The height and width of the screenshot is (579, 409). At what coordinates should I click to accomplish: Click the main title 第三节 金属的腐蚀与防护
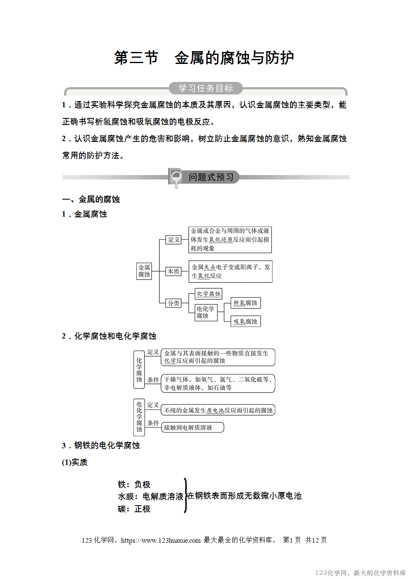tap(204, 58)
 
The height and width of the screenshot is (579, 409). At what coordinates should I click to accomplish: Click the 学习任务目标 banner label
tap(206, 88)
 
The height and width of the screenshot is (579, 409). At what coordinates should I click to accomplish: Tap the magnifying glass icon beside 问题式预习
tap(176, 177)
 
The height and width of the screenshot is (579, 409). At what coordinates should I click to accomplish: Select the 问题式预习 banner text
tap(211, 177)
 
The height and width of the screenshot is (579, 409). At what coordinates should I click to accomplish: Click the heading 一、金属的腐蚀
tap(91, 199)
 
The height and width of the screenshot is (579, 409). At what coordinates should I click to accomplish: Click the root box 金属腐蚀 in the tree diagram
tap(144, 271)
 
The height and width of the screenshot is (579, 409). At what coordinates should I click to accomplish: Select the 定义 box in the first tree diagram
tap(173, 240)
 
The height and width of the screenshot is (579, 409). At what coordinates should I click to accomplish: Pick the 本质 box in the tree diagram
tap(173, 271)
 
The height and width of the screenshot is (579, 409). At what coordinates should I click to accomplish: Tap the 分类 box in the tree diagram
tap(173, 303)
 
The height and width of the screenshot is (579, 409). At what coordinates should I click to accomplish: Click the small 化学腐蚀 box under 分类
tap(208, 294)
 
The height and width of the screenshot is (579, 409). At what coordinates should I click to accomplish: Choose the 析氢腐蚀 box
tap(245, 303)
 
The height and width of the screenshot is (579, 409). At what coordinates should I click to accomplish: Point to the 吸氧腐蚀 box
tap(245, 321)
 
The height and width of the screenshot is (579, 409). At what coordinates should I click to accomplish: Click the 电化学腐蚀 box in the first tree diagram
tap(206, 312)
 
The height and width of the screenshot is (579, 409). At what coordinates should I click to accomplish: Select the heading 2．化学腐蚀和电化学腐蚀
tap(109, 336)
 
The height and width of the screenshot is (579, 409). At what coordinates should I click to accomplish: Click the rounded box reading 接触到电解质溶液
tap(192, 428)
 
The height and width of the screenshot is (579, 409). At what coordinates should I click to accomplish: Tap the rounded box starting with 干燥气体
tap(217, 384)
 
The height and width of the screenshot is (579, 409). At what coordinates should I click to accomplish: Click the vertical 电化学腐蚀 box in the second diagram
tap(139, 417)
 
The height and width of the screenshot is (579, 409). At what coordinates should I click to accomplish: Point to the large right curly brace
tap(185, 496)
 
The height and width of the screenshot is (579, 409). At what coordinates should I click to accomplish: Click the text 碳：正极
tap(134, 509)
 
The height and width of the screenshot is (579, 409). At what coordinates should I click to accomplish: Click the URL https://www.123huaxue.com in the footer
tap(161, 540)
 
